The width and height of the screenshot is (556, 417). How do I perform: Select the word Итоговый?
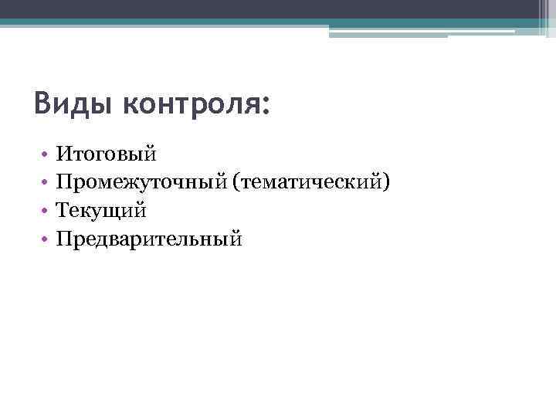tap(107, 154)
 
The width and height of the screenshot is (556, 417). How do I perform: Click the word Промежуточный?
tap(146, 182)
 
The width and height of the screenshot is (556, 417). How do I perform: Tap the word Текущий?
tap(101, 210)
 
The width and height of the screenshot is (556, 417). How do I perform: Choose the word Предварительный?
tap(149, 239)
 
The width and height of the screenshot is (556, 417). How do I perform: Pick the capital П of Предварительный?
tap(64, 239)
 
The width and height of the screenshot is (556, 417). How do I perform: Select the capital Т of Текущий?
tap(63, 210)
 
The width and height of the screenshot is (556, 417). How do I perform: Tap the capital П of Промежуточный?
tap(64, 182)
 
